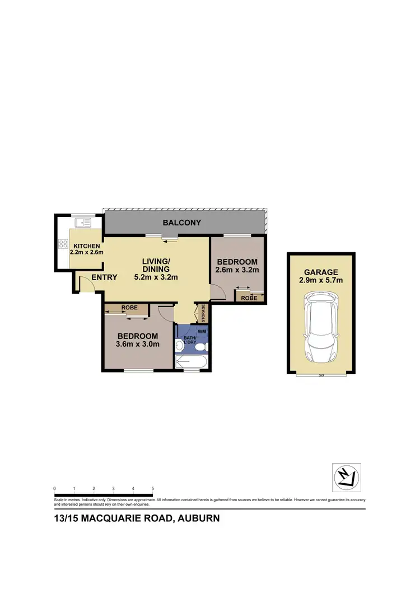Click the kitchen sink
[83, 223]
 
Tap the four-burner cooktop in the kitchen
[63, 244]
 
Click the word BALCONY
[182, 223]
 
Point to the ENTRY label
[104, 277]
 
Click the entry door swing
[85, 285]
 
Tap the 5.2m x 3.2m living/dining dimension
[156, 277]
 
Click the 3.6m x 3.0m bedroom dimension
[137, 344]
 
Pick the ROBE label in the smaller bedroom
[249, 298]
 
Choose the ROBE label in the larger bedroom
[129, 308]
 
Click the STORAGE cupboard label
[203, 313]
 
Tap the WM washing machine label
[202, 331]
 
